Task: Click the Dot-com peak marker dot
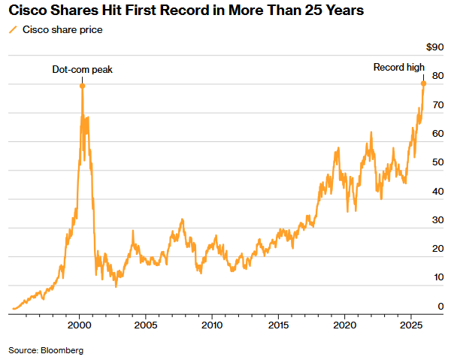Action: tap(82, 86)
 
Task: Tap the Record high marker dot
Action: tap(423, 83)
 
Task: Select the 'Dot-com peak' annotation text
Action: tap(82, 70)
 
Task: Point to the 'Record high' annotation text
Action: tap(399, 68)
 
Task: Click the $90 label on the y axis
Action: tap(434, 47)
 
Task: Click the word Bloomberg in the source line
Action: tap(62, 350)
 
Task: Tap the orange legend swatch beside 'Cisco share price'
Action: tap(13, 30)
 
